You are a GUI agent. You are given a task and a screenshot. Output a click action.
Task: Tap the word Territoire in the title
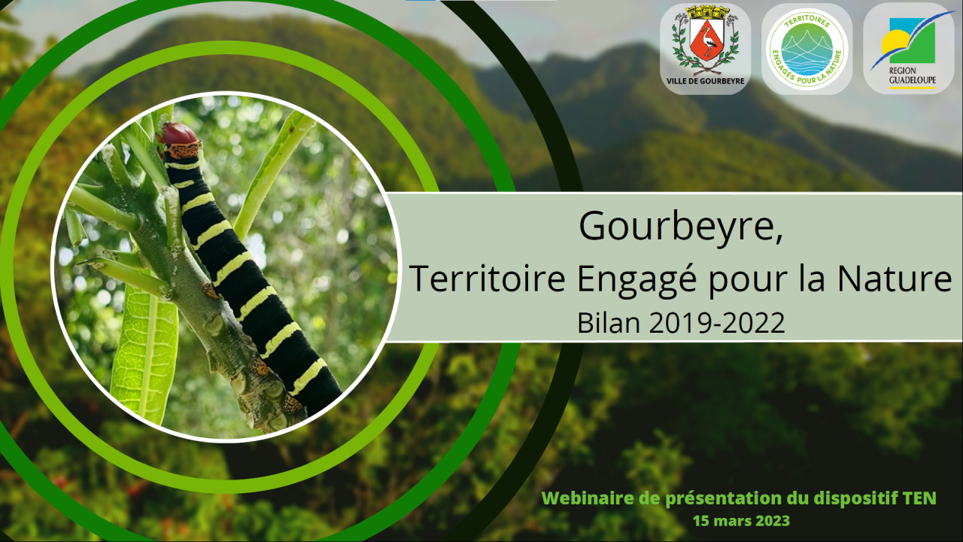pyautogui.click(x=487, y=279)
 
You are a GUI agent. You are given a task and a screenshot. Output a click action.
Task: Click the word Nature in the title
pyautogui.click(x=895, y=279)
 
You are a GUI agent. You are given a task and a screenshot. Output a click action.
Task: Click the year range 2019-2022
pyautogui.click(x=717, y=323)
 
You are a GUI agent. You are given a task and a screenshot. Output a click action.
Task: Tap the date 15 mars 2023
pyautogui.click(x=741, y=521)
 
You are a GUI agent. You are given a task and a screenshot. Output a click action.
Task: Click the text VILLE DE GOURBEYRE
pyautogui.click(x=706, y=81)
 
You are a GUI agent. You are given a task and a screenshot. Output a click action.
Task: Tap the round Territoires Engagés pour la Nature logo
pyautogui.click(x=807, y=49)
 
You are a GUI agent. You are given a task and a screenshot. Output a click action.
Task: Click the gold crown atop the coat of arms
pyautogui.click(x=706, y=11)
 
